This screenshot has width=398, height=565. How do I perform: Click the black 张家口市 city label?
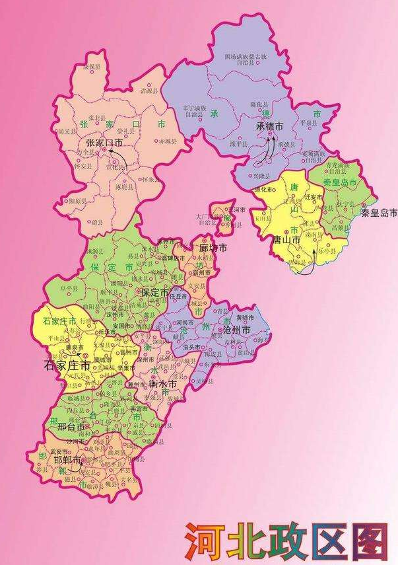pos(105,143)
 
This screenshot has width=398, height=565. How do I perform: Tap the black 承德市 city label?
pos(270,126)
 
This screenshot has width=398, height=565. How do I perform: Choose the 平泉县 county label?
pos(310,122)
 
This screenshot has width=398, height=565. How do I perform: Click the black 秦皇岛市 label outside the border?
pos(380,213)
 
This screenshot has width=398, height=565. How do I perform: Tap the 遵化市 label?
pos(264,190)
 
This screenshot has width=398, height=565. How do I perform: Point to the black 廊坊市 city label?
pos(213,248)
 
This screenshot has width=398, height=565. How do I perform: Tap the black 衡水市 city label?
pos(162,383)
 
